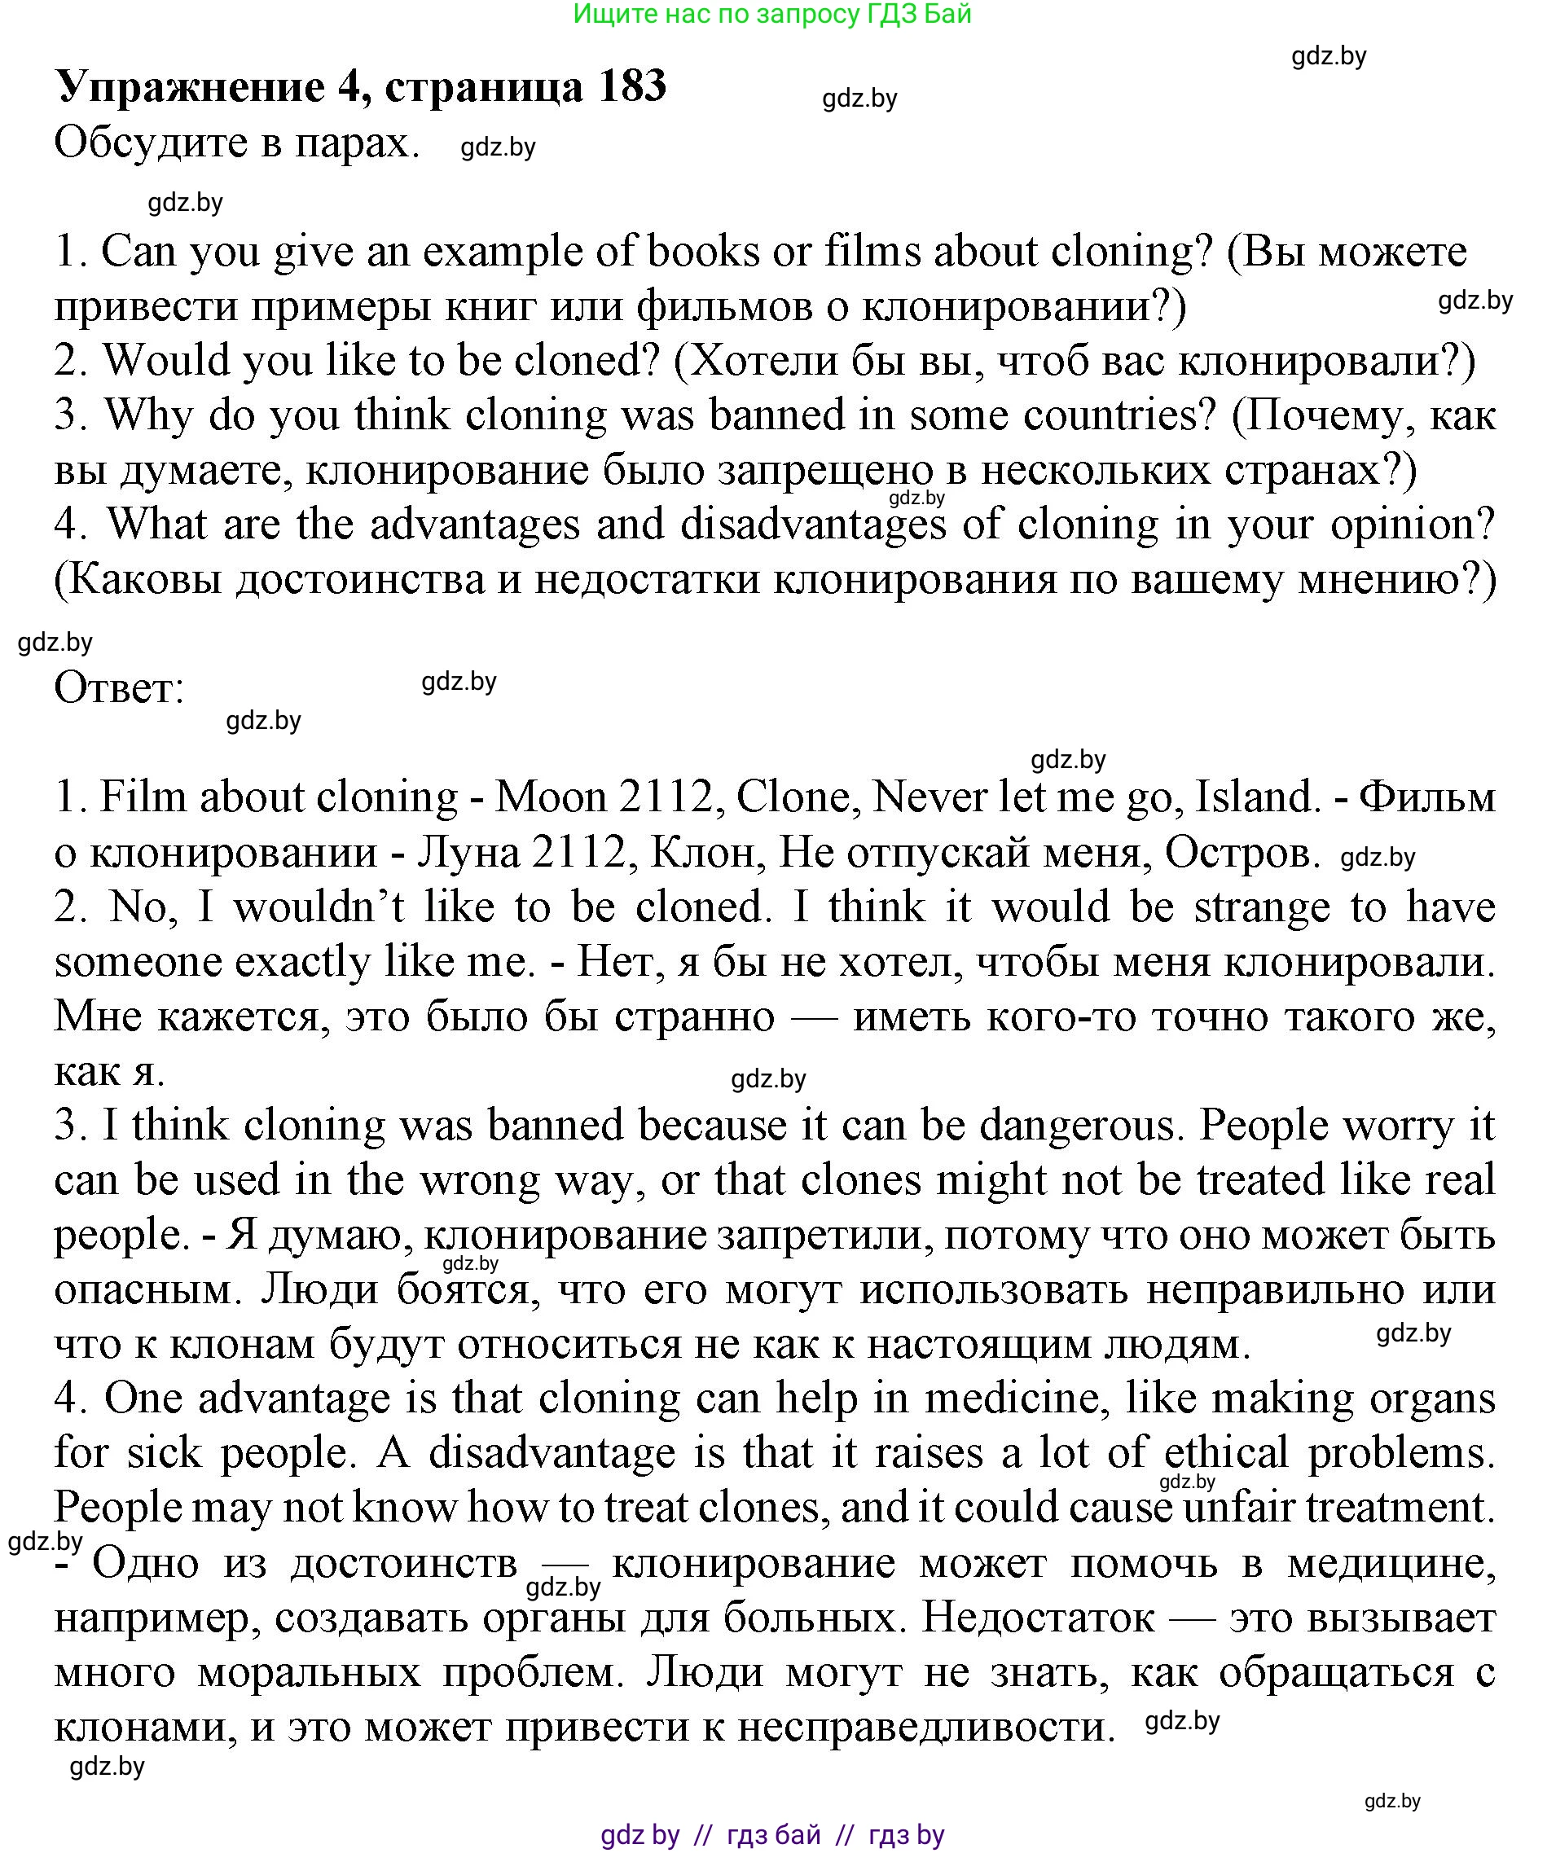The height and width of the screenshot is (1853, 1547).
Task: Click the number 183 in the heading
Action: [x=630, y=87]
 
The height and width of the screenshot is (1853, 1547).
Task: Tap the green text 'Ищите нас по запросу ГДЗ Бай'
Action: [x=772, y=13]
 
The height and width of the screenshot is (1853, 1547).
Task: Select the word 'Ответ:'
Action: [x=119, y=687]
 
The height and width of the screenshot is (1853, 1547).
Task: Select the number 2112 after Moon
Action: [x=666, y=797]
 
